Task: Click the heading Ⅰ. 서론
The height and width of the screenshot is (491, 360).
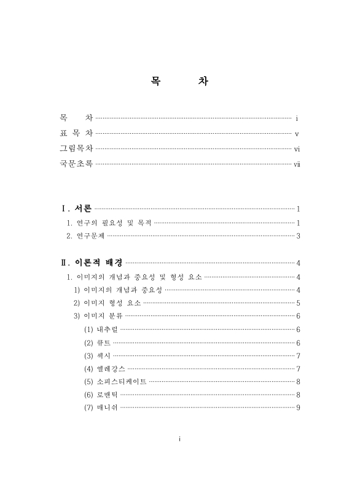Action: (76, 209)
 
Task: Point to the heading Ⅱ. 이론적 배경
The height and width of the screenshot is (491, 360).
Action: (91, 263)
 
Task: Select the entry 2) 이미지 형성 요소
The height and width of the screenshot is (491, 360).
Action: (107, 303)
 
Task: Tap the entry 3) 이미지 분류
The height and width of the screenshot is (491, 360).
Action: (98, 316)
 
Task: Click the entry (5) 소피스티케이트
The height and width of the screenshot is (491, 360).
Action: (115, 381)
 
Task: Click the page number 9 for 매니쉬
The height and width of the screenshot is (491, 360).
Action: (297, 407)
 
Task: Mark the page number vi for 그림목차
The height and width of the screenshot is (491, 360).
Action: (297, 149)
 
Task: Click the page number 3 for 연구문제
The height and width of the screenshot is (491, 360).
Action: (297, 236)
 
